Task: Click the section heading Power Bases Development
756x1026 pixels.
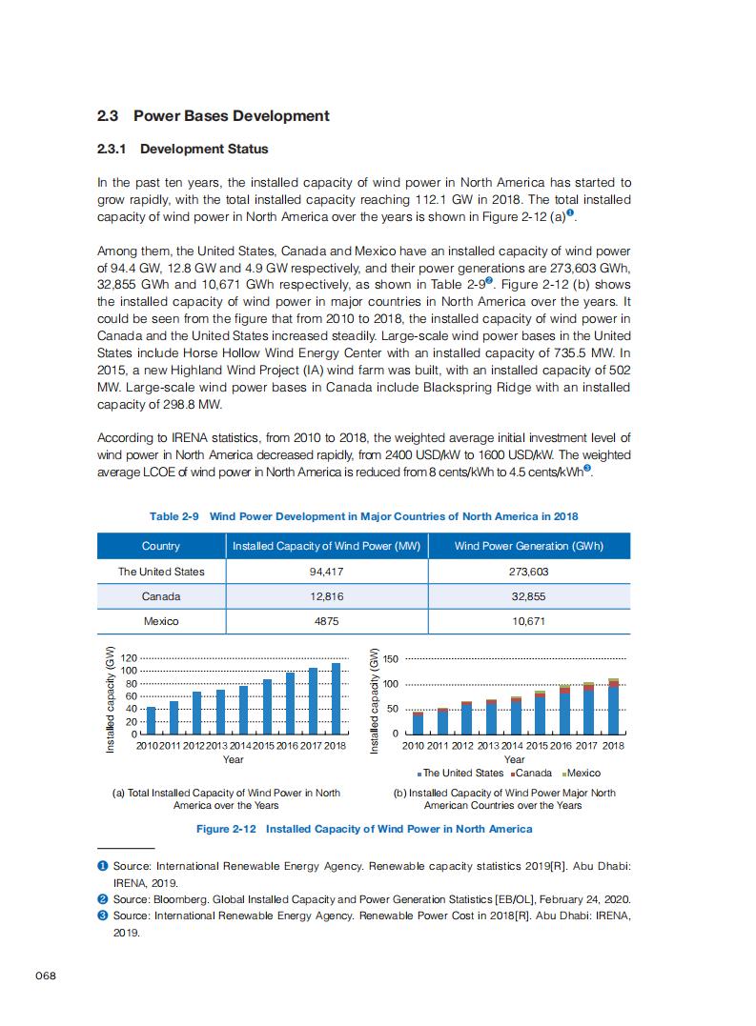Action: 231,116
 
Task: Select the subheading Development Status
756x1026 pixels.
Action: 203,149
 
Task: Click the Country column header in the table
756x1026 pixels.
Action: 161,546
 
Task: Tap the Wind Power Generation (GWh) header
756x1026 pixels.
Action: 528,546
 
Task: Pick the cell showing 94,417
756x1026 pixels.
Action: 327,572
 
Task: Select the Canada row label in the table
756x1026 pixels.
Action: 161,596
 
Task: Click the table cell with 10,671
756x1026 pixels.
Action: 528,621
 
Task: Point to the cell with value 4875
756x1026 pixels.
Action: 327,621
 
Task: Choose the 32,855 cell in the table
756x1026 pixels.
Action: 528,596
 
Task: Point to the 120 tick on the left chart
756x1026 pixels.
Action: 130,658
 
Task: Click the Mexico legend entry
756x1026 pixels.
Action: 583,773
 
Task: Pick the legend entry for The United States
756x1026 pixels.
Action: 463,773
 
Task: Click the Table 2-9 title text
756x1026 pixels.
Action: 363,516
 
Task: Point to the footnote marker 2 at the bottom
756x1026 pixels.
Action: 103,899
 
